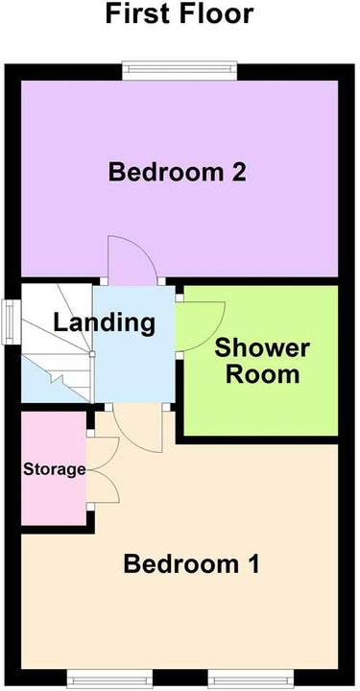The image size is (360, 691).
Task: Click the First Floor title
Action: click(x=179, y=13)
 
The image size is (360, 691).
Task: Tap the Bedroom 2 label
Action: click(x=178, y=172)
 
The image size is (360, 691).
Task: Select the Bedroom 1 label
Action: click(x=192, y=564)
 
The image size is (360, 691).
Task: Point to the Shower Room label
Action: click(x=262, y=362)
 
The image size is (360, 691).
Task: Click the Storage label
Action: click(x=54, y=469)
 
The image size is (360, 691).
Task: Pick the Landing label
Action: click(x=104, y=323)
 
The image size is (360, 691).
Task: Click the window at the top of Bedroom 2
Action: click(x=180, y=70)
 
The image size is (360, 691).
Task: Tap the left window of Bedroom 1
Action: click(x=110, y=679)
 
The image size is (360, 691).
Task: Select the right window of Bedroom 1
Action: click(x=251, y=679)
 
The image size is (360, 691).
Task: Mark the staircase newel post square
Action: click(x=92, y=354)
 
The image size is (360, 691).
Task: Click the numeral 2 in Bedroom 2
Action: click(x=238, y=172)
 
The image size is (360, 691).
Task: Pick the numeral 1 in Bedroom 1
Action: click(x=252, y=564)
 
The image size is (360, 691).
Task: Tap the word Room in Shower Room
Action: click(x=263, y=374)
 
